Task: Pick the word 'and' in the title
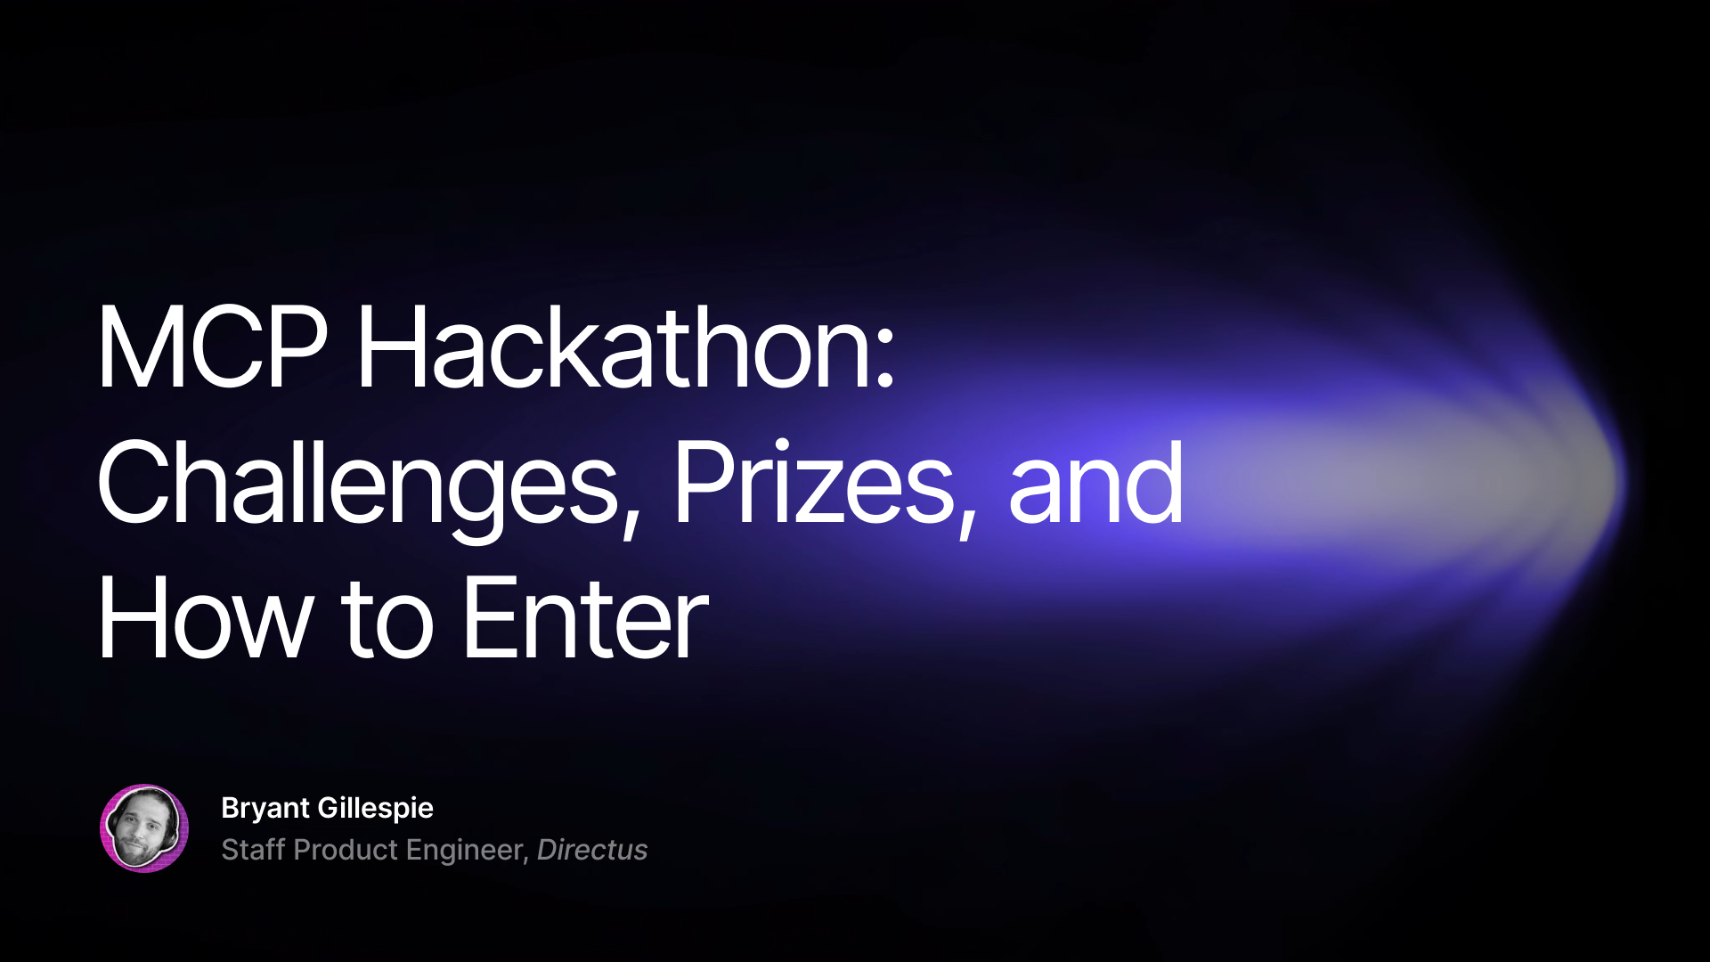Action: tap(1095, 484)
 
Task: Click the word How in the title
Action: tap(204, 619)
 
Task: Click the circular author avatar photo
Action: tap(144, 828)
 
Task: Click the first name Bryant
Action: tap(265, 809)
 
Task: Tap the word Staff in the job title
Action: tap(253, 850)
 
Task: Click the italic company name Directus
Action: tap(592, 850)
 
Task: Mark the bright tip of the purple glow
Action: tap(1603, 481)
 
